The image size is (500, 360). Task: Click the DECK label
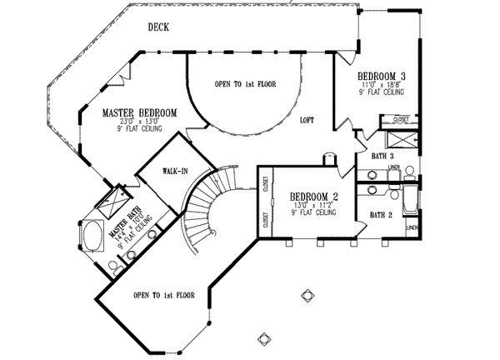click(158, 27)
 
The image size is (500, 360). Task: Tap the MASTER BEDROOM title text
click(139, 112)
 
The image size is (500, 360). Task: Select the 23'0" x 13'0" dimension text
click(139, 122)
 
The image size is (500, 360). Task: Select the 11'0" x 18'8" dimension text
click(382, 85)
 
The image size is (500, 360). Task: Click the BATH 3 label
click(381, 156)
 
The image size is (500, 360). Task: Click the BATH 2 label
click(382, 215)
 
